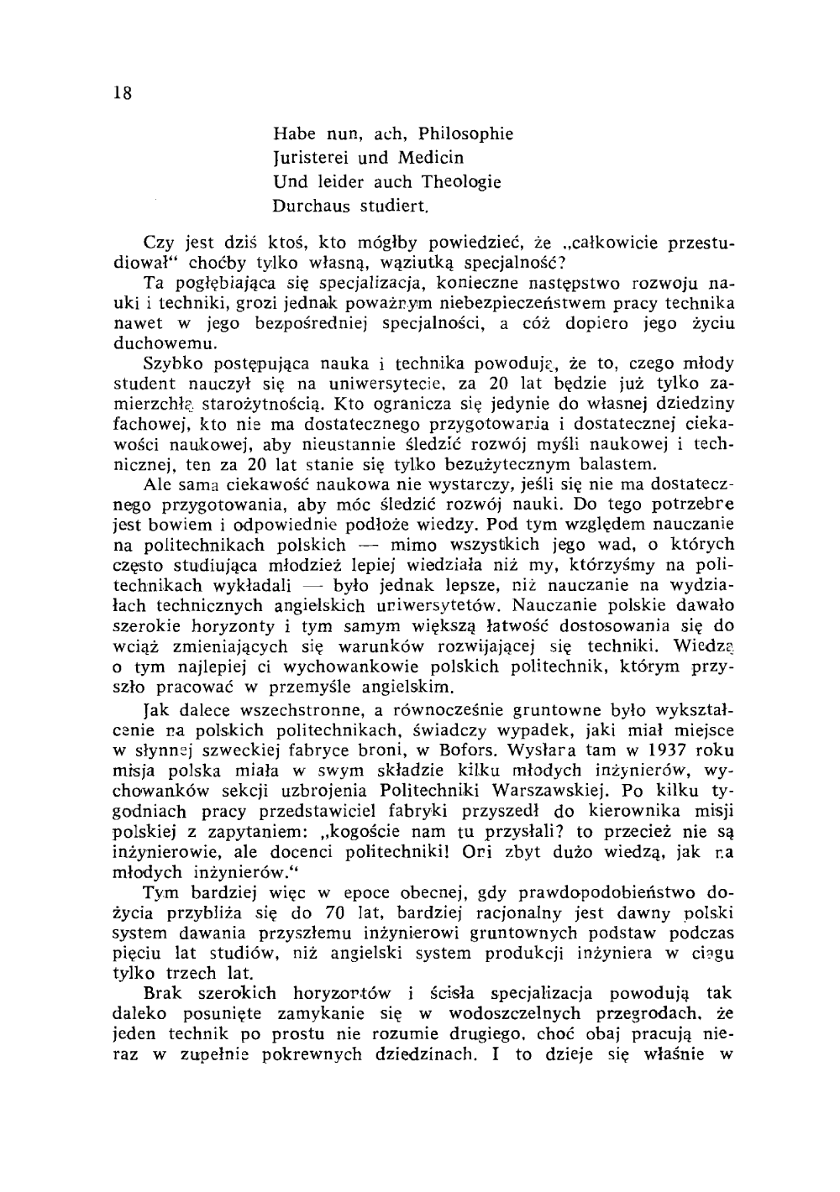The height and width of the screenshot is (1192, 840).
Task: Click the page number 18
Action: (x=122, y=93)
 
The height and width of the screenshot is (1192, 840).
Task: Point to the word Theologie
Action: (x=460, y=182)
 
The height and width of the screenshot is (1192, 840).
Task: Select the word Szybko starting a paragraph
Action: (x=171, y=365)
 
